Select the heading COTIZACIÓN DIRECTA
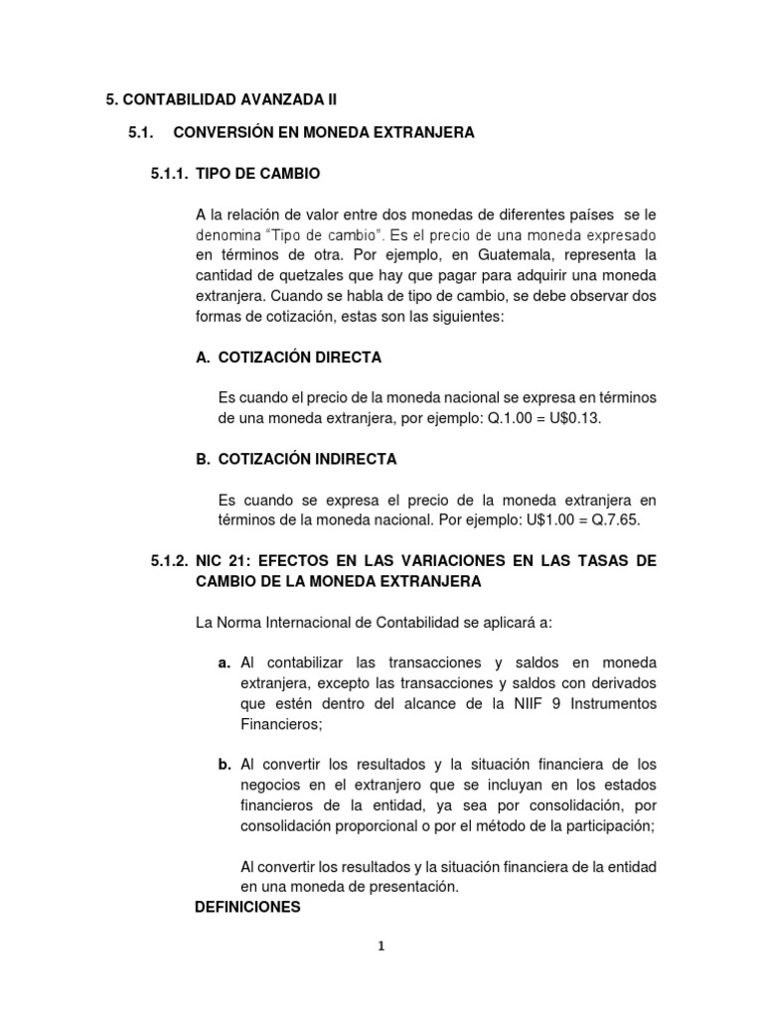coord(299,357)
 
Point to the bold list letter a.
coord(224,662)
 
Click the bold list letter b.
coord(224,765)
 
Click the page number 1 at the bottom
coord(381,945)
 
